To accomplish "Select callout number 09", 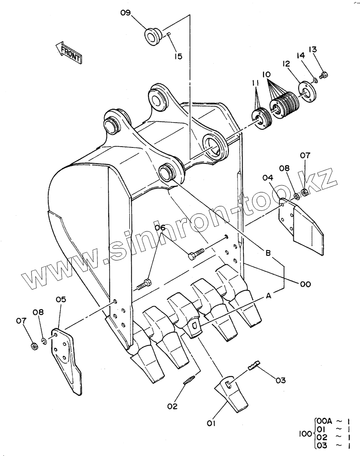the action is click(x=126, y=13).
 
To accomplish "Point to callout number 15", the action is click(x=178, y=56).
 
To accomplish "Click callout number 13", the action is click(x=313, y=49).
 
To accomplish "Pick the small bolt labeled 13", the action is click(x=323, y=75).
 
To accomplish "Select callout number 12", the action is click(x=286, y=64).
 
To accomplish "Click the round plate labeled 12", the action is click(x=308, y=93).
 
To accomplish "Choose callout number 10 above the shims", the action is click(x=266, y=74).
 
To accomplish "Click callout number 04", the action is click(x=268, y=178).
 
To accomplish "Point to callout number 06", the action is click(x=160, y=227).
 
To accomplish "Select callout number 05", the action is click(x=61, y=300).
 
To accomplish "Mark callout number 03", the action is click(x=280, y=380).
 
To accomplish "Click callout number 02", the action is click(x=172, y=406).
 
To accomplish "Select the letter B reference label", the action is click(x=268, y=253).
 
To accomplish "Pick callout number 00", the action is click(x=305, y=284).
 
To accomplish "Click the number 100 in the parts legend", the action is click(x=305, y=434).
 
